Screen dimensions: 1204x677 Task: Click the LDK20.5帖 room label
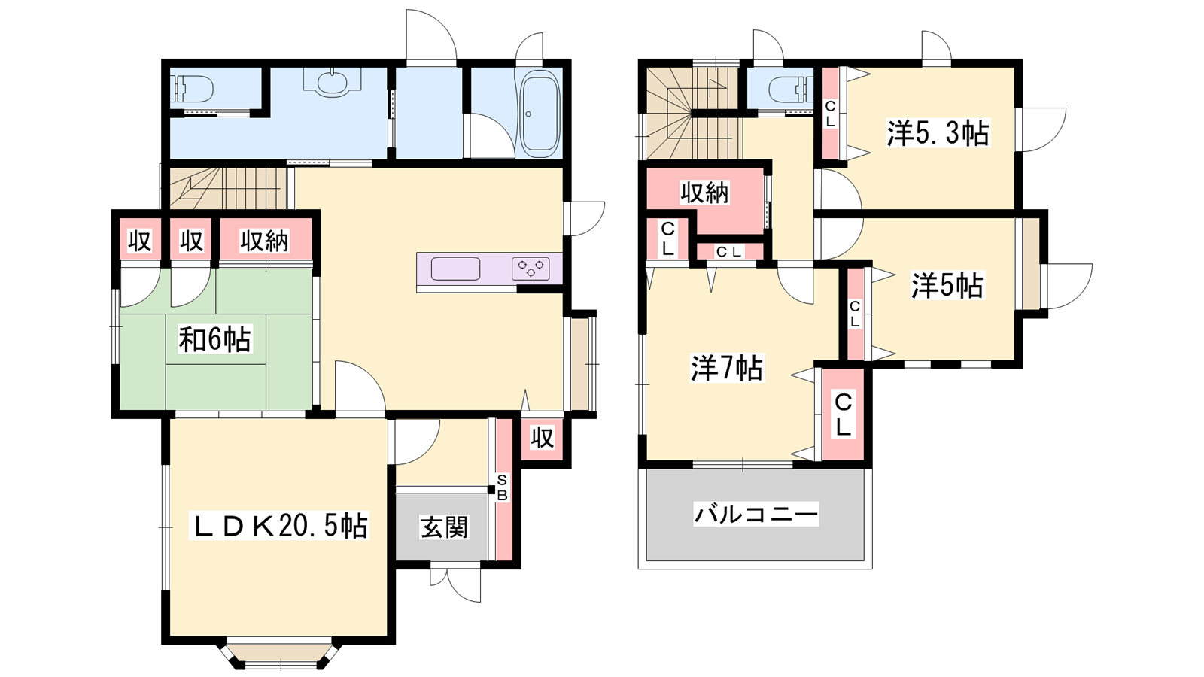pos(279,526)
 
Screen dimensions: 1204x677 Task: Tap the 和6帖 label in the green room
pos(214,339)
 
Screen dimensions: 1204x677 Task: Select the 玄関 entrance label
pos(444,527)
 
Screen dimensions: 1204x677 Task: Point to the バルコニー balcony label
pos(756,515)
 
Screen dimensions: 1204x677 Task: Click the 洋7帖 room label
pos(727,368)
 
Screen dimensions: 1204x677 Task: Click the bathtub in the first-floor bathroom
pos(539,114)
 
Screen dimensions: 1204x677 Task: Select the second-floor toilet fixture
pos(791,90)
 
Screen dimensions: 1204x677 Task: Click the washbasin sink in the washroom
pos(332,84)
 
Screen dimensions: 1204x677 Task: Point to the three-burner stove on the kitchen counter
pos(531,268)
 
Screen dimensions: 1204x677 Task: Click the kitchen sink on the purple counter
pos(455,268)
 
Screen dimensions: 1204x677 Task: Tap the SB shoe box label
pos(502,488)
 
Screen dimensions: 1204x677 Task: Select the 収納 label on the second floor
pos(704,193)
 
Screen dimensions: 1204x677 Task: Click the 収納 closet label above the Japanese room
pos(264,241)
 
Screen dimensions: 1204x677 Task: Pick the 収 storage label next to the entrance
pos(542,438)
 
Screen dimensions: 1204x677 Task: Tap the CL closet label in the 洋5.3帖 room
pos(831,114)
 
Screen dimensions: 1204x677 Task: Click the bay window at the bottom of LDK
pos(280,653)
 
